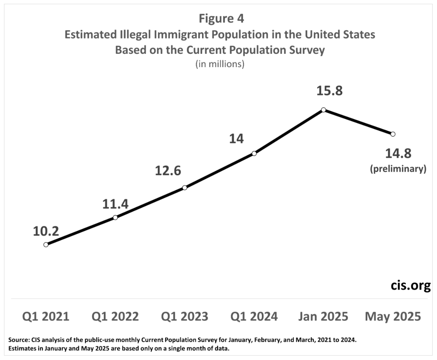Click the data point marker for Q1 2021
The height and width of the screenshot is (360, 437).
[46, 245]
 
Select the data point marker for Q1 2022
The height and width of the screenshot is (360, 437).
[115, 217]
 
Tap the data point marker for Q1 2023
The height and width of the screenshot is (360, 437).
[185, 187]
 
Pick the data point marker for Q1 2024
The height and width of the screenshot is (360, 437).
[254, 153]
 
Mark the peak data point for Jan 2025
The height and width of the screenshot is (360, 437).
[324, 110]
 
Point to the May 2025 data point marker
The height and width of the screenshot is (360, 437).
[393, 134]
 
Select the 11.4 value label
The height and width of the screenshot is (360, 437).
[115, 204]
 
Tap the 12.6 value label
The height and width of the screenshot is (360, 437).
[168, 171]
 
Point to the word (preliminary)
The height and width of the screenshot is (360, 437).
[398, 169]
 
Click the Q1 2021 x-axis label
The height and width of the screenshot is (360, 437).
[46, 316]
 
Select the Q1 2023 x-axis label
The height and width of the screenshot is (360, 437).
[185, 316]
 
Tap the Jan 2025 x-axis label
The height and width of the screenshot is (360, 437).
[323, 316]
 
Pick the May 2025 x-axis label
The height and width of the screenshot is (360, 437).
[393, 316]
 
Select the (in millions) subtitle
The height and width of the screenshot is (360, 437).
[220, 65]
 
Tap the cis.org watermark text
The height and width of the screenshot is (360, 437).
[411, 286]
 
